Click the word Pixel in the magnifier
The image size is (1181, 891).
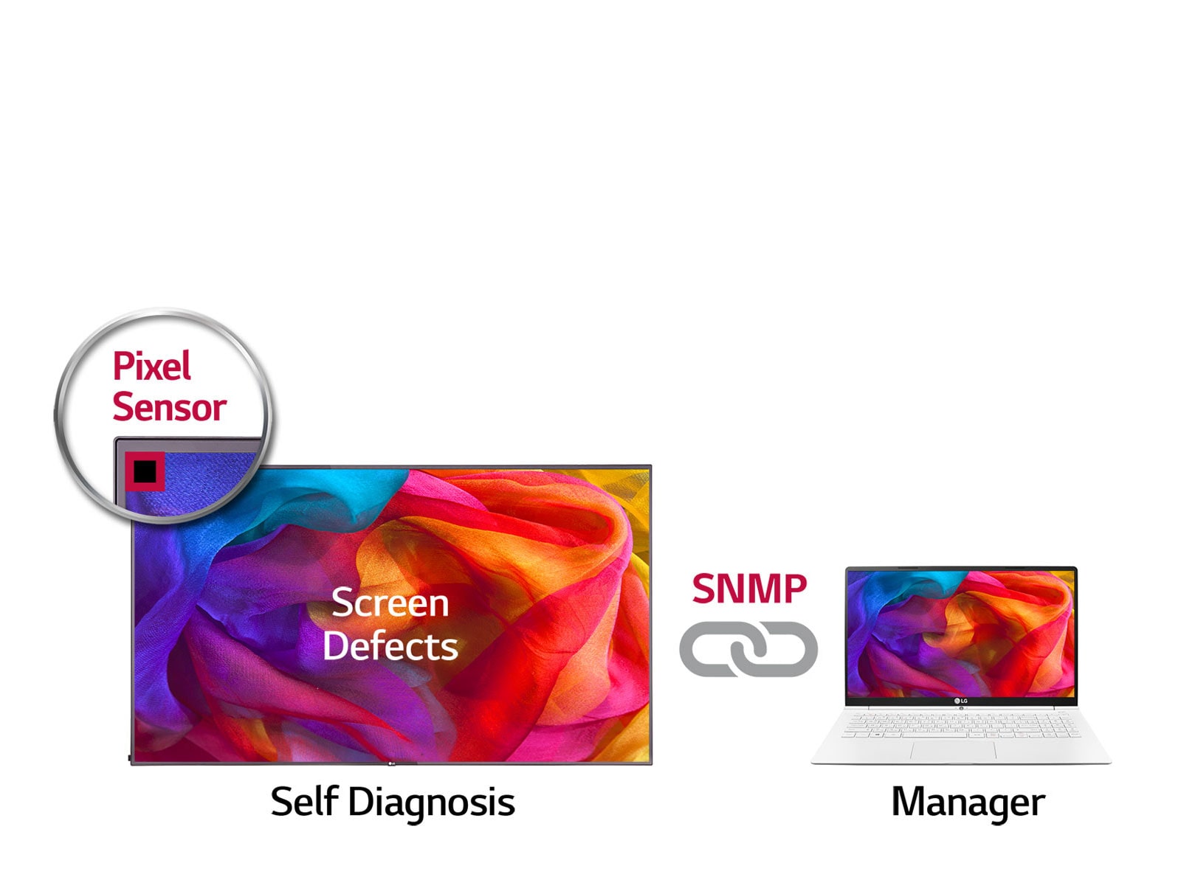pyautogui.click(x=152, y=367)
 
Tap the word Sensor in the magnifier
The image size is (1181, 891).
pyautogui.click(x=169, y=407)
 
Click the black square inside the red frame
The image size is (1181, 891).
pyautogui.click(x=145, y=471)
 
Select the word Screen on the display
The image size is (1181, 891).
pyautogui.click(x=390, y=603)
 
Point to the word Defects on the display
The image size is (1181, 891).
pyautogui.click(x=390, y=646)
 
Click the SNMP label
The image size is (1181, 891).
pyautogui.click(x=749, y=589)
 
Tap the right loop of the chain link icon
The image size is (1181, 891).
pyautogui.click(x=784, y=648)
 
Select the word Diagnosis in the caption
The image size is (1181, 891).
pyautogui.click(x=431, y=802)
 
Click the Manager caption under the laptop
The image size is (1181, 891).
pyautogui.click(x=968, y=802)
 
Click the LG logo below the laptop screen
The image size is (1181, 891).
pyautogui.click(x=960, y=701)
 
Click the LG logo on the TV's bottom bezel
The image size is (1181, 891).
pyautogui.click(x=391, y=763)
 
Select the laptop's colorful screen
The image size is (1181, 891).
pyautogui.click(x=960, y=633)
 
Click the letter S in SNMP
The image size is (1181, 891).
pyautogui.click(x=703, y=589)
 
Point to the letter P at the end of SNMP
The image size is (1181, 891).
pyautogui.click(x=794, y=589)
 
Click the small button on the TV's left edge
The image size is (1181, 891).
pyautogui.click(x=130, y=757)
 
